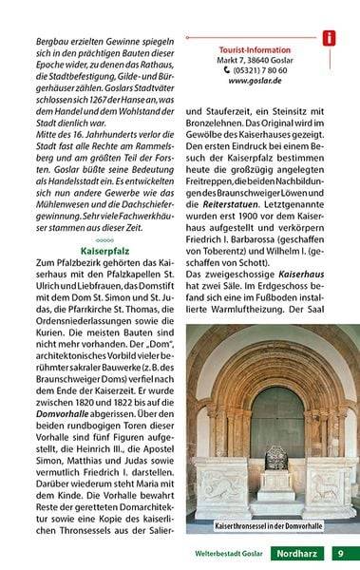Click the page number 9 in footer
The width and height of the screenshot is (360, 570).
(340, 553)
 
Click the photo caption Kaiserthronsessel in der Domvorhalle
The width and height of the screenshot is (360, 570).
(269, 525)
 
